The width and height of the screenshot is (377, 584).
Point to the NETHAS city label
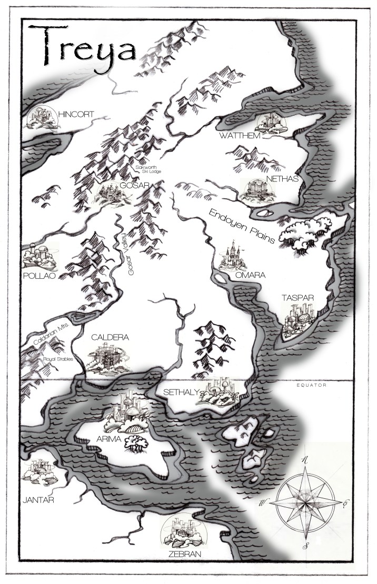pos(282,179)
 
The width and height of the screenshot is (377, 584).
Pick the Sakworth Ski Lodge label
pos(147,169)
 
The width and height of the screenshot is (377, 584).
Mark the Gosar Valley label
pos(130,256)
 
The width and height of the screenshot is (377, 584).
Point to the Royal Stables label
pos(58,359)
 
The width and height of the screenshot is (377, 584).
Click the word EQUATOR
pos(311,385)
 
